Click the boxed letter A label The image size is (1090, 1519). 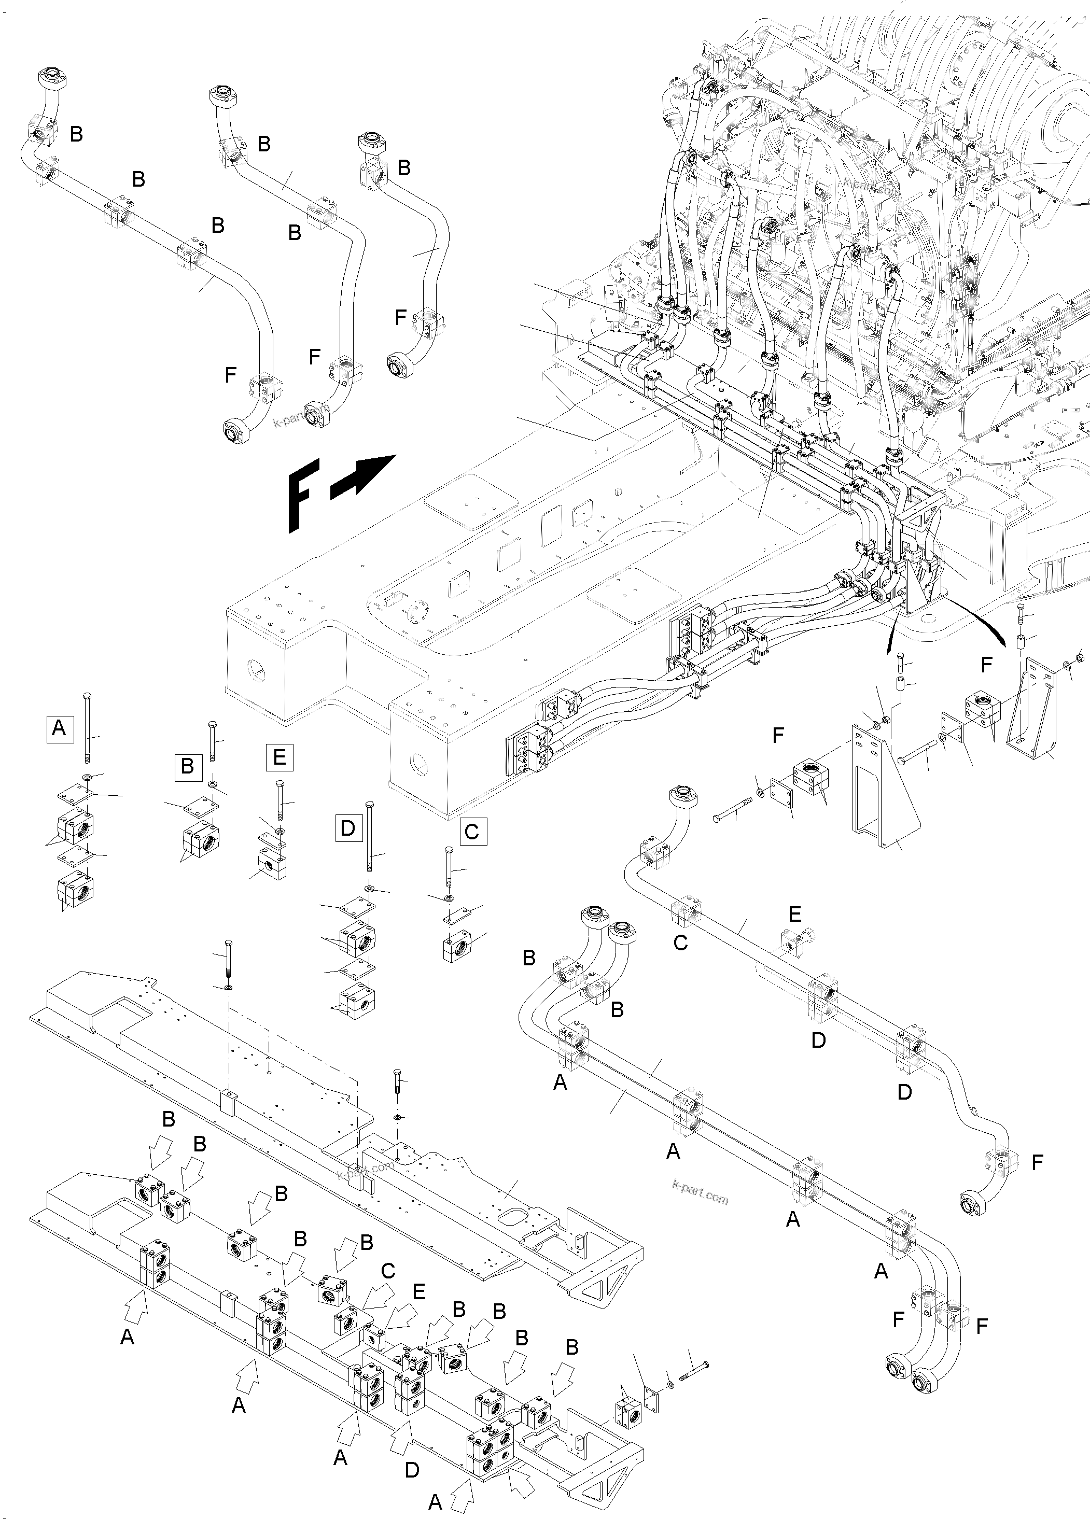click(x=59, y=727)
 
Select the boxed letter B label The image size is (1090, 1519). click(x=188, y=766)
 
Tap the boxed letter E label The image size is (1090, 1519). click(x=280, y=757)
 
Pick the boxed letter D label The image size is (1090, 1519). click(x=348, y=828)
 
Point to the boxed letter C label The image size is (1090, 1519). click(x=472, y=832)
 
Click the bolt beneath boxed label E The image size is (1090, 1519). click(x=278, y=801)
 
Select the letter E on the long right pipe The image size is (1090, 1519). click(x=794, y=914)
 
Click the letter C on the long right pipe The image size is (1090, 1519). click(x=680, y=943)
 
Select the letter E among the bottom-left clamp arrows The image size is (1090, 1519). click(x=418, y=1291)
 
